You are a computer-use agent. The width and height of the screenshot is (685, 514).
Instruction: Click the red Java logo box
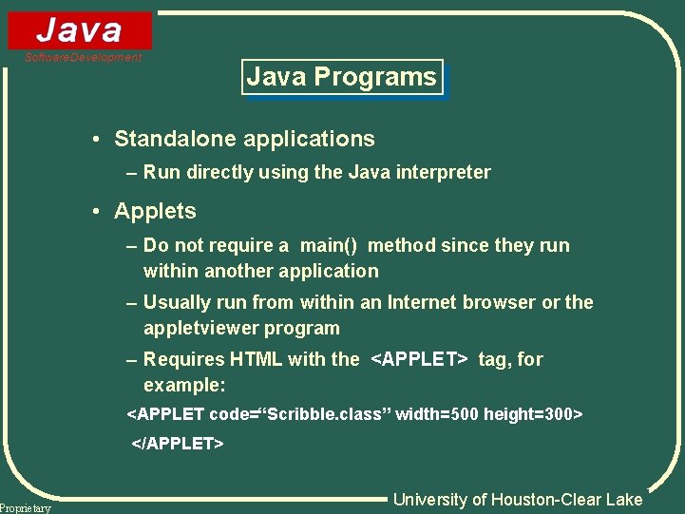point(80,30)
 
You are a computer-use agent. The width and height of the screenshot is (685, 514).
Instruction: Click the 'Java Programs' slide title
point(342,77)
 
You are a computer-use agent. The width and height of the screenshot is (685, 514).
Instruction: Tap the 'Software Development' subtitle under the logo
point(84,58)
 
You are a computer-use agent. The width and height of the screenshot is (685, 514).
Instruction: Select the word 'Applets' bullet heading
point(155,211)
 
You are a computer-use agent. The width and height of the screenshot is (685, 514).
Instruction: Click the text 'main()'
point(329,245)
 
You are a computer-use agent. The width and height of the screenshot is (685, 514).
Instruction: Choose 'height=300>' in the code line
point(533,414)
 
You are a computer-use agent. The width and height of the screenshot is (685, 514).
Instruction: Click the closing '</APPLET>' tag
point(178,443)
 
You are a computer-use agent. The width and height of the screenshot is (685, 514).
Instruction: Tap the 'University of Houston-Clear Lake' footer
point(518,500)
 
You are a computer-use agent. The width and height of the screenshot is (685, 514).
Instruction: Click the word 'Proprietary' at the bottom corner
point(26,508)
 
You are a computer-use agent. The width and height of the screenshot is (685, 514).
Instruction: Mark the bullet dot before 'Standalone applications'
point(98,140)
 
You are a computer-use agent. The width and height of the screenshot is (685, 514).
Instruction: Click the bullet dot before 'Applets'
point(98,212)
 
